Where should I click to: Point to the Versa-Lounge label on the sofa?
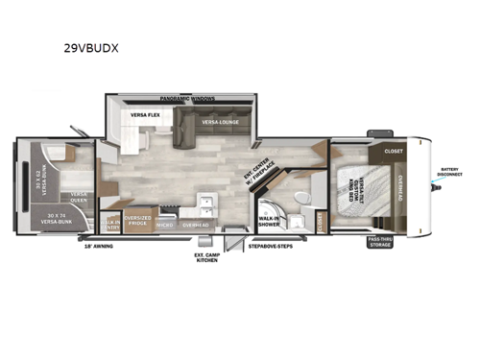click(x=220, y=122)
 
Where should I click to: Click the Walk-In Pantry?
click(x=112, y=225)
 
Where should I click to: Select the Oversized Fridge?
click(x=139, y=221)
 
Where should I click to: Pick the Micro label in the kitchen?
click(x=165, y=226)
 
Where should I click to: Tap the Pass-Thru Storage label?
click(x=380, y=244)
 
